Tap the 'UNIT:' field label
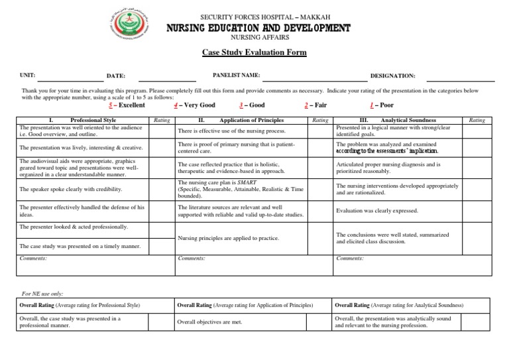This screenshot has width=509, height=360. (28, 76)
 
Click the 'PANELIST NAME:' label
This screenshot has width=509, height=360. (236, 76)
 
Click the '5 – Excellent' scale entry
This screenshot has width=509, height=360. (126, 105)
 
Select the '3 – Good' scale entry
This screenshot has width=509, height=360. (253, 105)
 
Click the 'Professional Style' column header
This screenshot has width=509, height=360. (93, 120)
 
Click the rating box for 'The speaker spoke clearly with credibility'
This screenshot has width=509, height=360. (162, 190)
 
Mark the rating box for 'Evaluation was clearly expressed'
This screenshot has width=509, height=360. (477, 211)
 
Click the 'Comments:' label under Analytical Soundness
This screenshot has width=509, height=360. (349, 259)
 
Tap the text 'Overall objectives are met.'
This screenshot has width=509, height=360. (209, 322)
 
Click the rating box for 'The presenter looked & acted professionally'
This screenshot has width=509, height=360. (162, 228)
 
